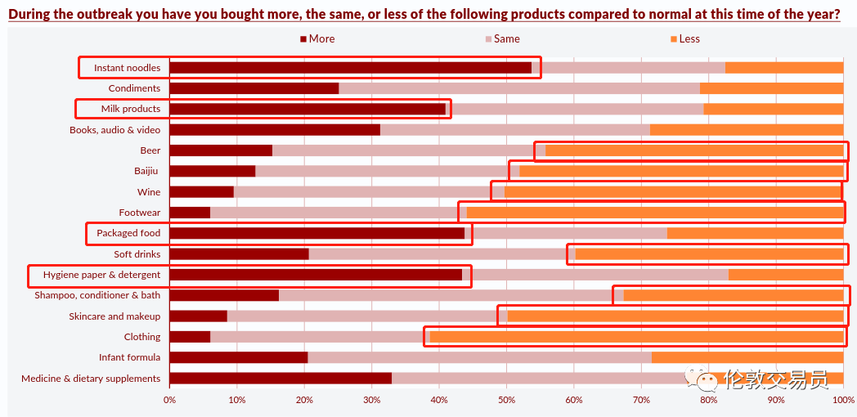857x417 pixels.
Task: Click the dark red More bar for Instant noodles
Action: coord(350,68)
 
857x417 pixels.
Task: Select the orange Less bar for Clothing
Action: coord(636,337)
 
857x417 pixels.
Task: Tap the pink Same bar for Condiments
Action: coord(519,88)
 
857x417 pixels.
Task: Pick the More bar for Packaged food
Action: coord(316,233)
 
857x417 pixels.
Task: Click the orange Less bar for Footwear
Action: coord(654,213)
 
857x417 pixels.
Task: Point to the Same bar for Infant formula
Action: coord(479,357)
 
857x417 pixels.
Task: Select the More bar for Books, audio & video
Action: coord(275,129)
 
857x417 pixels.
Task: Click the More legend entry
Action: coord(317,38)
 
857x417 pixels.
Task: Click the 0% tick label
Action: coord(169,400)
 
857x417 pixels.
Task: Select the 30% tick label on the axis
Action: coord(371,400)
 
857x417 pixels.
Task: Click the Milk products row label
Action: coord(130,109)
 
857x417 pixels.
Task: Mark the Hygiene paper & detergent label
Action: coord(101,275)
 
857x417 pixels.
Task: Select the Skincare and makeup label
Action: coord(114,316)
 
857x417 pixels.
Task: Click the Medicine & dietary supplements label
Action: coord(91,379)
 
